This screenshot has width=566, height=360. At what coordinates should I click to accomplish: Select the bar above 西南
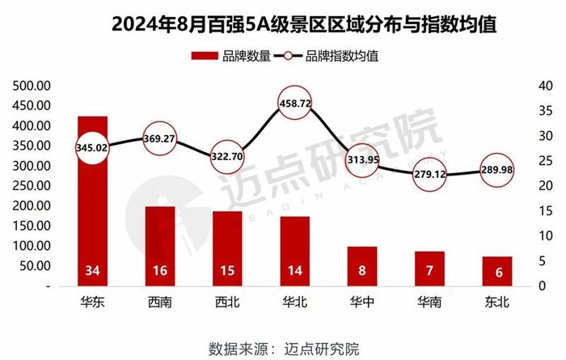(159, 243)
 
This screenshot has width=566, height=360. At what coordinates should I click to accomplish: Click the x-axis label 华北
(294, 304)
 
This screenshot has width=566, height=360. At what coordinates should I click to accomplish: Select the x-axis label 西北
(226, 304)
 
